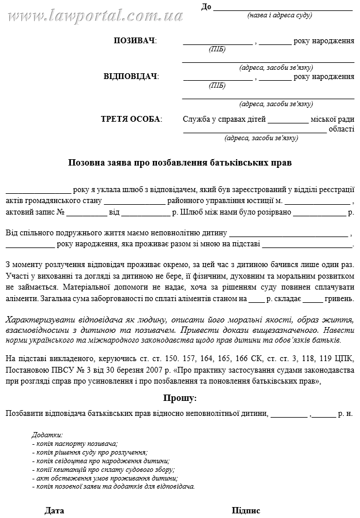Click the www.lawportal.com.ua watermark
pyautogui.click(x=75, y=12)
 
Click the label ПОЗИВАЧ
pyautogui.click(x=134, y=41)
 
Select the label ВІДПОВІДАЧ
pyautogui.click(x=130, y=77)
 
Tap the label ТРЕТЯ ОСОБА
pyautogui.click(x=131, y=119)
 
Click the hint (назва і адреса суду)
pyautogui.click(x=279, y=15)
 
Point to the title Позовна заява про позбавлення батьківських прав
pyautogui.click(x=180, y=163)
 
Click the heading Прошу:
pyautogui.click(x=180, y=398)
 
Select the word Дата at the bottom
pyautogui.click(x=54, y=511)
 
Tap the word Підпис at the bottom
pyautogui.click(x=246, y=511)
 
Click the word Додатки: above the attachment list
pyautogui.click(x=47, y=435)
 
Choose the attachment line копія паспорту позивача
pyautogui.click(x=75, y=444)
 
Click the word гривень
pyautogui.click(x=340, y=299)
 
